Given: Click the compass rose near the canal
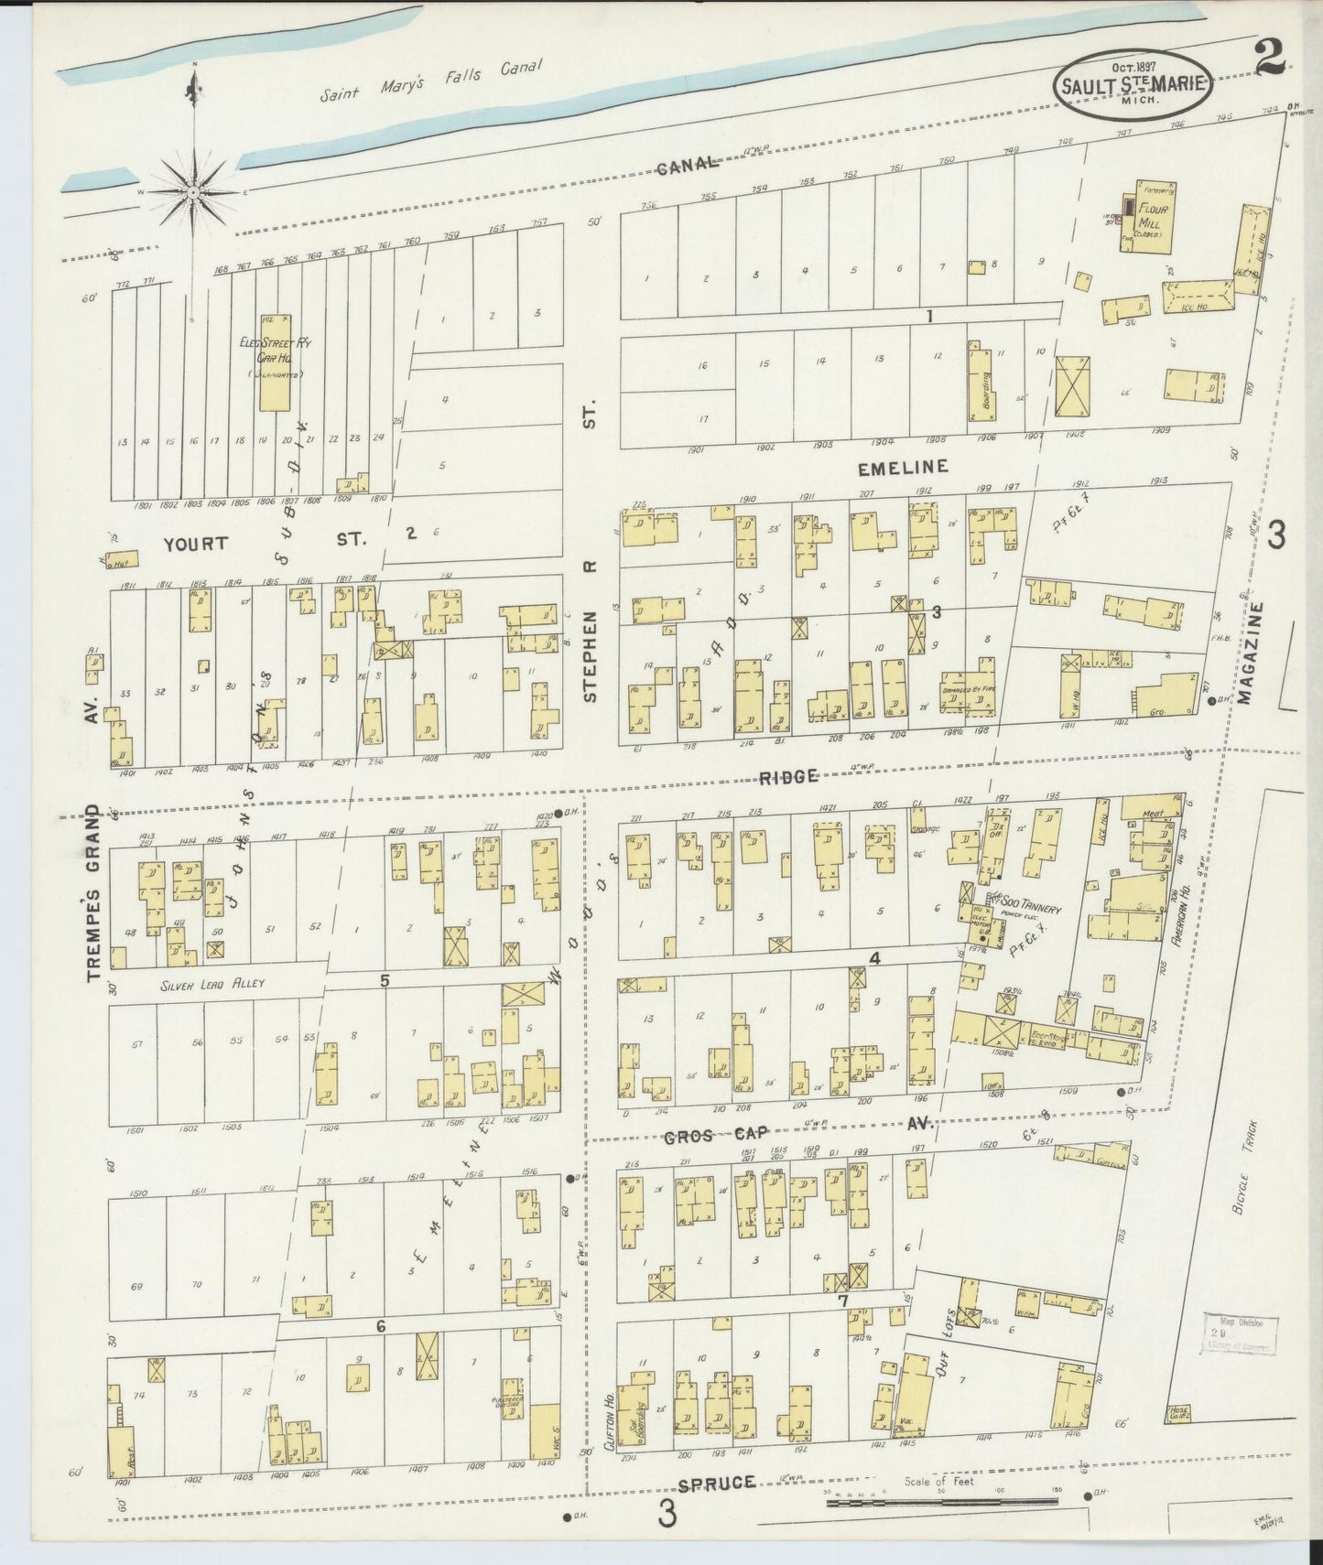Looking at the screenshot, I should pyautogui.click(x=194, y=193).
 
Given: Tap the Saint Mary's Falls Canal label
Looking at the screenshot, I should pyautogui.click(x=431, y=82).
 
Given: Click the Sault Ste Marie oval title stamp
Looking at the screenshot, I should pyautogui.click(x=1133, y=85).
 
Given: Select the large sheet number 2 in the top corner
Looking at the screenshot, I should pyautogui.click(x=1270, y=60).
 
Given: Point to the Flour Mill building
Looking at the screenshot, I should pyautogui.click(x=1149, y=216).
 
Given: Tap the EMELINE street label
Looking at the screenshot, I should pyautogui.click(x=902, y=468).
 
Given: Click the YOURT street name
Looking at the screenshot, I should pyautogui.click(x=195, y=544).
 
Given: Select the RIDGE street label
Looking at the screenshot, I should pyautogui.click(x=787, y=776).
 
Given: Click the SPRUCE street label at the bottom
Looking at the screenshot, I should pyautogui.click(x=718, y=1482).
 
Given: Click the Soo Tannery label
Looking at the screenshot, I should pyautogui.click(x=1027, y=910).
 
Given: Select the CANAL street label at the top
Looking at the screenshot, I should pyautogui.click(x=688, y=165).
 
